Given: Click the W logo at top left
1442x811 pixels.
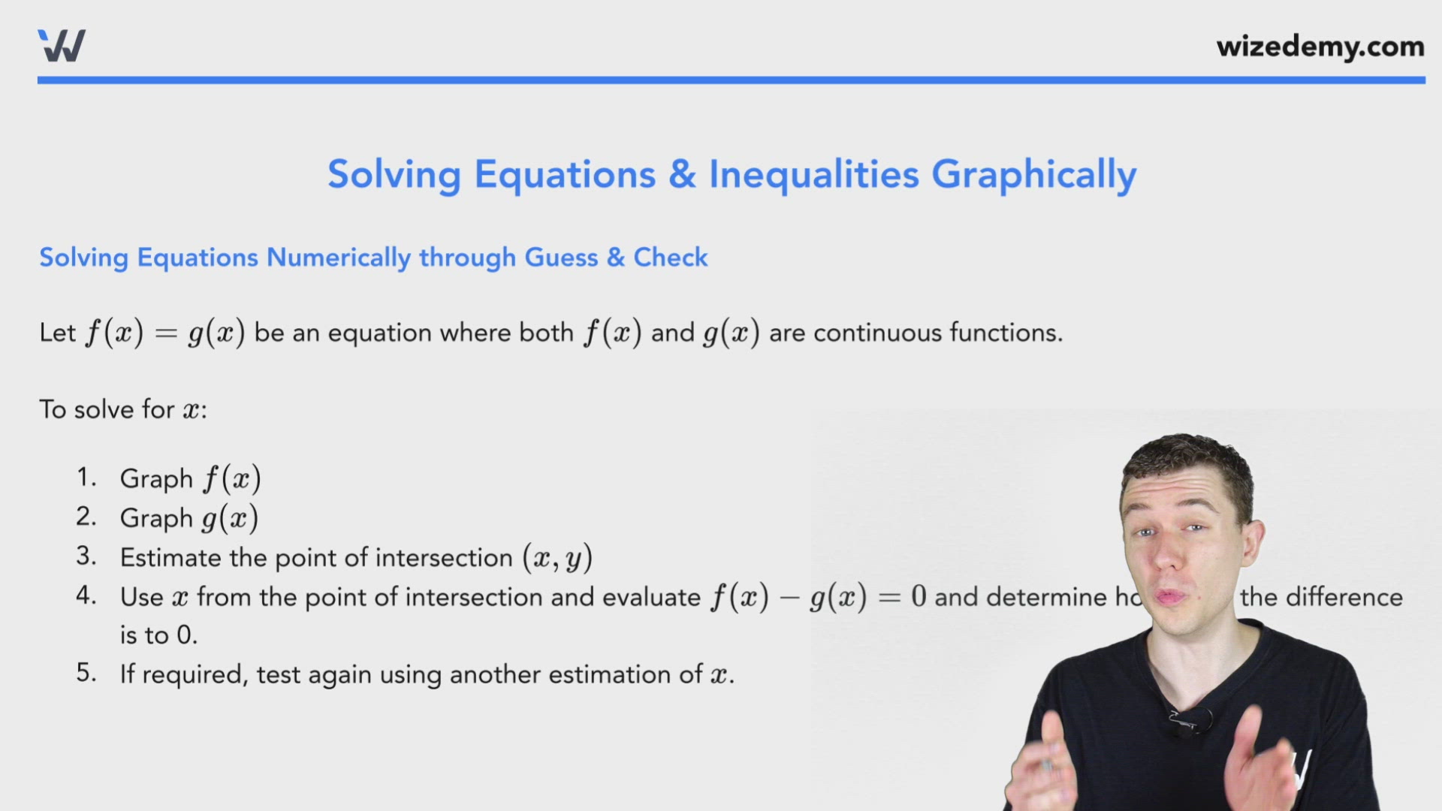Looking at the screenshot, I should coord(62,46).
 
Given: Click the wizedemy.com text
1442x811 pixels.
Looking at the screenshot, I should coord(1320,47).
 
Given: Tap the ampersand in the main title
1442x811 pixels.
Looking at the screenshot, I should coord(682,174).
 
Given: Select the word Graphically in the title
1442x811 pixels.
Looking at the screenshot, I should coord(1033,176).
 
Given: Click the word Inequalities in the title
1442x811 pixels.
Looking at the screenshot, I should coord(813,174).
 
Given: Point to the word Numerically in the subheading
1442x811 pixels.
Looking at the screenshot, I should coord(339,258).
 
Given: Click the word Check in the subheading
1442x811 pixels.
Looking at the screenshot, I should coord(670,258).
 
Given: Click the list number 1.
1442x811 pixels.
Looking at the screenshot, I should coord(86,478).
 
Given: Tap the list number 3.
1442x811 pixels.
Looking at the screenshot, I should coord(86,556).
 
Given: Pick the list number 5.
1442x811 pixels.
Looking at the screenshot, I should coord(86,673).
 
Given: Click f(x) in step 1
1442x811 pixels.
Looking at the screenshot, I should coord(232,479).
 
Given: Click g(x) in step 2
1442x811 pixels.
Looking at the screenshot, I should coord(231,518).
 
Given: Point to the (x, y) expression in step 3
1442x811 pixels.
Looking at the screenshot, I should coord(557,558).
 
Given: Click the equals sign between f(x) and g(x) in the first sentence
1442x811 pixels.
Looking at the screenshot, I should coord(165,333).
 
